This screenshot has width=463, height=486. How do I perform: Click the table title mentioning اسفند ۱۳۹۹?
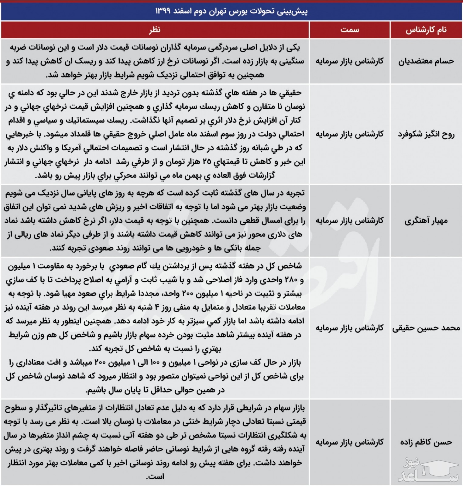231,11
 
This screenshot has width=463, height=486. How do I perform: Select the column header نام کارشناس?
426,30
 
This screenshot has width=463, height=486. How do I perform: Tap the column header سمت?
349,30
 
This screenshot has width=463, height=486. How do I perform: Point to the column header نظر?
155,30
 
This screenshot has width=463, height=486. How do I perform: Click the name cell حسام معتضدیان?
426,61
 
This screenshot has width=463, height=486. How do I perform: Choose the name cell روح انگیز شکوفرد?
426,134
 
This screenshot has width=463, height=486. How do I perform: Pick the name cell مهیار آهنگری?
426,221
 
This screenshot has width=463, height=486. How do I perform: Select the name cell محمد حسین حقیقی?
426,328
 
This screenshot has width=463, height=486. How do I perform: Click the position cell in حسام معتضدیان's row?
349,61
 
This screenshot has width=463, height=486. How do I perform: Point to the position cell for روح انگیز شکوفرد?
349,134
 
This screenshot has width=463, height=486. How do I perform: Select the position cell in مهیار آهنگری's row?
349,221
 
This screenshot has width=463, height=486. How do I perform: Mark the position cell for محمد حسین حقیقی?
349,328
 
